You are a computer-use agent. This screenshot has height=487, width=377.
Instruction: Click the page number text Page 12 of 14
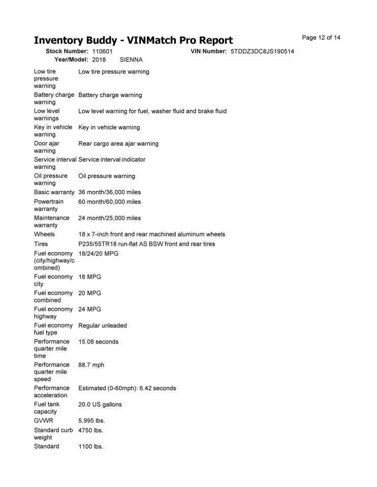[x=321, y=38]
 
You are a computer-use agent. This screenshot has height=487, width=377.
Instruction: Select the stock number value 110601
[x=102, y=52]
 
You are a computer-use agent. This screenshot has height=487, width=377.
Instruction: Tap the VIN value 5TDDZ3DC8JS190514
[x=262, y=52]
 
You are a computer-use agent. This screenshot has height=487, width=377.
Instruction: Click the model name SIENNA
[x=131, y=60]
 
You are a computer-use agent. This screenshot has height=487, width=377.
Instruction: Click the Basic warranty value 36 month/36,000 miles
[x=109, y=192]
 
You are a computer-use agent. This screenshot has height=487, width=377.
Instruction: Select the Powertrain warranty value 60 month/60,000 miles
[x=109, y=202]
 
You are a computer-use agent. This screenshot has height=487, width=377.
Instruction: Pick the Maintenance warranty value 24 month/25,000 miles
[x=109, y=218]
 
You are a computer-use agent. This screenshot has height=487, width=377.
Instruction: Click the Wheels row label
[x=44, y=234]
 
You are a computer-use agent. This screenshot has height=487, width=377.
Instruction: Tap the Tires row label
[x=42, y=244]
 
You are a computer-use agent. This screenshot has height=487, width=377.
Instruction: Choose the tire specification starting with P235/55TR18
[x=146, y=244]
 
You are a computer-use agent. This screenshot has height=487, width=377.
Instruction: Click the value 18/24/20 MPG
[x=98, y=253]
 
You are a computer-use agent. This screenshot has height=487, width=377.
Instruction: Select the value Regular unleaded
[x=103, y=325]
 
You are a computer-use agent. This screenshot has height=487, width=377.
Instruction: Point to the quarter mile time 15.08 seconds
[x=98, y=341]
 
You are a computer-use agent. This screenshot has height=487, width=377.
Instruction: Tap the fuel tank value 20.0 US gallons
[x=100, y=404]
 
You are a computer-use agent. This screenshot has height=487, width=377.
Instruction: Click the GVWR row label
[x=44, y=421]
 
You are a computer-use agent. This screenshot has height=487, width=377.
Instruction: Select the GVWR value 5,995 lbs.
[x=91, y=421]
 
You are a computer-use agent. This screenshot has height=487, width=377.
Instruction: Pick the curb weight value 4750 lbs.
[x=90, y=430]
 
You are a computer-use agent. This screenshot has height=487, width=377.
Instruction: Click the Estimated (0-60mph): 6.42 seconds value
[x=127, y=388]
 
